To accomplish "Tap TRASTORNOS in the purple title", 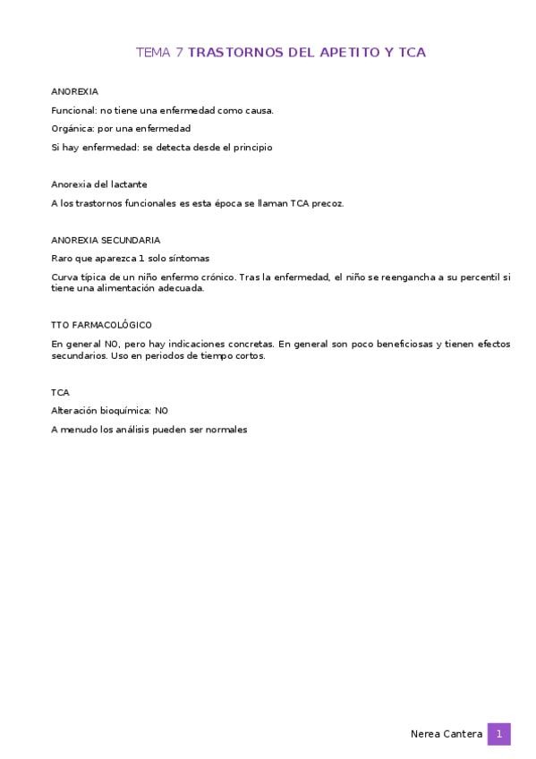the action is tap(235, 53).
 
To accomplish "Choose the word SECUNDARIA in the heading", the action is tap(132, 240).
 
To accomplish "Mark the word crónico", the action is tap(213, 277).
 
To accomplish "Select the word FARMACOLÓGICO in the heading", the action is tap(110, 325).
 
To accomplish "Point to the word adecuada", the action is tap(182, 289).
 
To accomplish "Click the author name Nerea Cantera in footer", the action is tap(446, 734).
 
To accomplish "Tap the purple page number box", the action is tap(498, 734).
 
